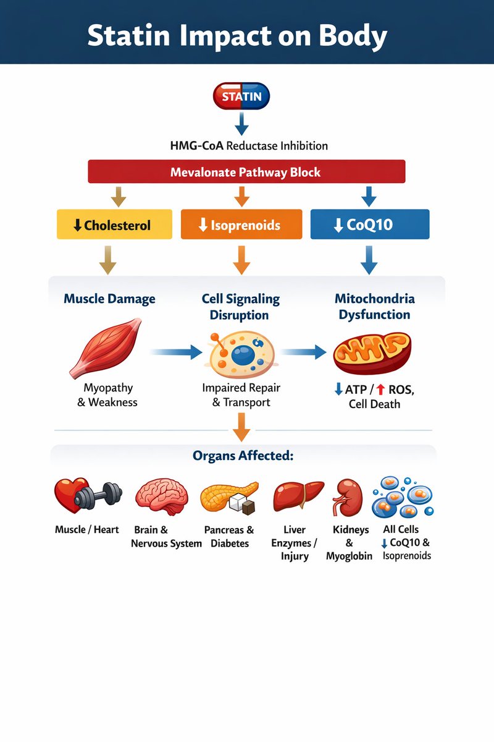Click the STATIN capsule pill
click(x=241, y=96)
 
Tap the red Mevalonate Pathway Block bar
click(x=246, y=171)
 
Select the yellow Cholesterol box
click(x=114, y=224)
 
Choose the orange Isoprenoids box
click(x=241, y=224)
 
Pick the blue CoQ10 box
click(x=369, y=224)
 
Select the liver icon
click(x=298, y=497)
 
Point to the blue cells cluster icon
click(x=402, y=497)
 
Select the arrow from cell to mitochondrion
click(x=304, y=352)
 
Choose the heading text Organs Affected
click(x=243, y=456)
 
